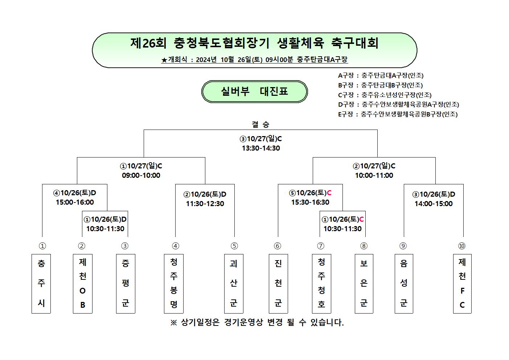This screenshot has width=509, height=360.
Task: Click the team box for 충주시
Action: (x=41, y=284)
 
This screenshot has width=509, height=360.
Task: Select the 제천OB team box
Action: (x=83, y=284)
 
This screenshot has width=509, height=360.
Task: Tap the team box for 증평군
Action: (x=126, y=284)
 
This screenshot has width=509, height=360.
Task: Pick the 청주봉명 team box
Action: (x=174, y=284)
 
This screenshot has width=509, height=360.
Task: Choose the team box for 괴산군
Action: (x=234, y=284)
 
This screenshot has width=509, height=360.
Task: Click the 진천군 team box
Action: (x=278, y=284)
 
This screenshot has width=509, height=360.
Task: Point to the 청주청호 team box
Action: (x=321, y=284)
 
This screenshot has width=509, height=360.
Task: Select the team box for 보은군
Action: (x=364, y=284)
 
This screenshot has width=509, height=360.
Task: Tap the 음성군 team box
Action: (x=404, y=284)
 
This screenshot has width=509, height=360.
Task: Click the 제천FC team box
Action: (x=462, y=284)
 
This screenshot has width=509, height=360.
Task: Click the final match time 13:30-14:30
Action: (x=261, y=148)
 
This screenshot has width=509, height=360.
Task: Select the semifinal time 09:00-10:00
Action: (x=141, y=175)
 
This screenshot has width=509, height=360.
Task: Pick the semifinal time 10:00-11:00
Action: (x=374, y=175)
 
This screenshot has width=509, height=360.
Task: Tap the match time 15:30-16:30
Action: (x=311, y=202)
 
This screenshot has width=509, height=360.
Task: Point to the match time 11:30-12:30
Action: (x=205, y=204)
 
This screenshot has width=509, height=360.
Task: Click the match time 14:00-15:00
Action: (x=434, y=204)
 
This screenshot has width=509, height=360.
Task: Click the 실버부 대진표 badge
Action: (x=255, y=91)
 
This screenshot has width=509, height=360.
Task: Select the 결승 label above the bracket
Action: (x=260, y=124)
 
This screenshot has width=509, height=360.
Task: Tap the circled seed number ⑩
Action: (x=462, y=246)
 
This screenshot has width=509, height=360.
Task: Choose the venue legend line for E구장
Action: (x=398, y=114)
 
